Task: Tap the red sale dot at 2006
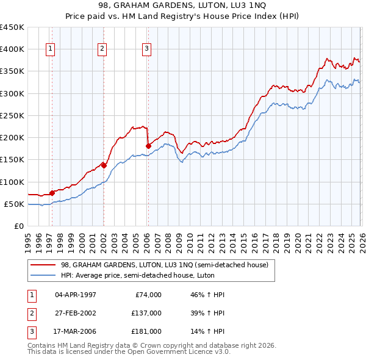(148, 146)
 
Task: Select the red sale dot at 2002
(104, 165)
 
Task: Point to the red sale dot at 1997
(52, 193)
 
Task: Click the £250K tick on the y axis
(12, 115)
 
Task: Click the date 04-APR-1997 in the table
(75, 295)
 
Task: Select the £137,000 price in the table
(147, 314)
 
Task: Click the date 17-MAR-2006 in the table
(75, 333)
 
